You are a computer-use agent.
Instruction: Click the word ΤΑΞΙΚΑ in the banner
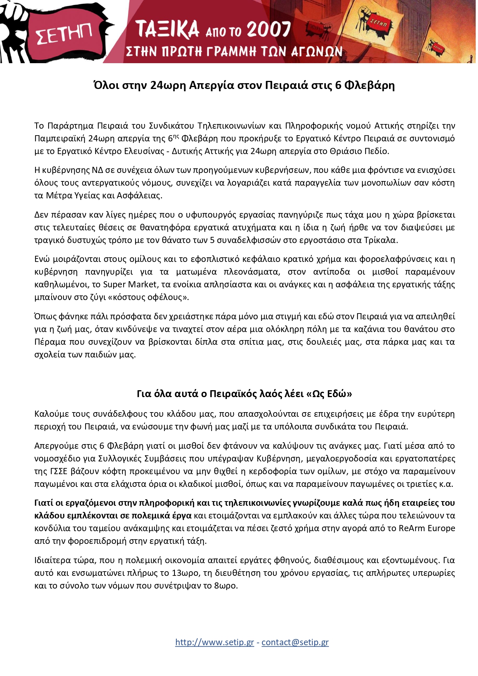tap(168, 30)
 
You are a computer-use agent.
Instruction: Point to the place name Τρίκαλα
tap(380, 240)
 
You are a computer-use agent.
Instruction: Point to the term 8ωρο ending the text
tap(225, 585)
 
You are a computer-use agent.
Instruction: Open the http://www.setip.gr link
tap(215, 642)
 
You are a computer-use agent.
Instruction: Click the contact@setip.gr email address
tap(295, 642)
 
